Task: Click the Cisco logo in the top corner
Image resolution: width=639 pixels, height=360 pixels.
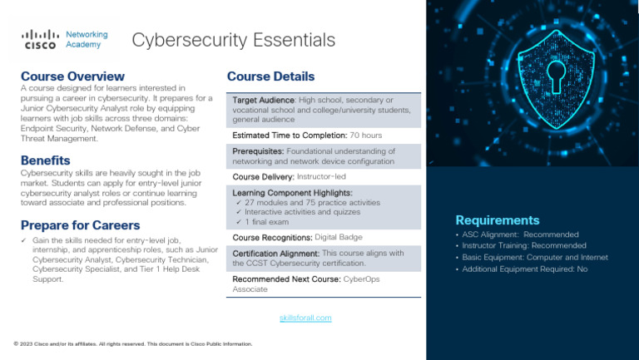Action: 39,39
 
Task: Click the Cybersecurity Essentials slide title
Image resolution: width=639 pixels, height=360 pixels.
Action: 234,40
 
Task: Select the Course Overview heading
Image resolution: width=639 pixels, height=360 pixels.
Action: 72,76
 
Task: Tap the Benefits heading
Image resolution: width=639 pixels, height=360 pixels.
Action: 45,160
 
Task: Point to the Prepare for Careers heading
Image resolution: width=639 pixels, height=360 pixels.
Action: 80,224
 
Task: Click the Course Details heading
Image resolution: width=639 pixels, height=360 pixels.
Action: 270,76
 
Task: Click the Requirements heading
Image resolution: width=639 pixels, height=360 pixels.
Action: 497,220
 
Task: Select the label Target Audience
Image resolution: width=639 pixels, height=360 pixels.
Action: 263,100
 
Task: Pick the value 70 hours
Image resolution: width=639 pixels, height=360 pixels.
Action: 365,135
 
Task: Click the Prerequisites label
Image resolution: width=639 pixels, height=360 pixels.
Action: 259,151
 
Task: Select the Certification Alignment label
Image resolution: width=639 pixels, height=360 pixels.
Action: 275,253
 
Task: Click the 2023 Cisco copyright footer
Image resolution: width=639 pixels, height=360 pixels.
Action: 133,343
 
